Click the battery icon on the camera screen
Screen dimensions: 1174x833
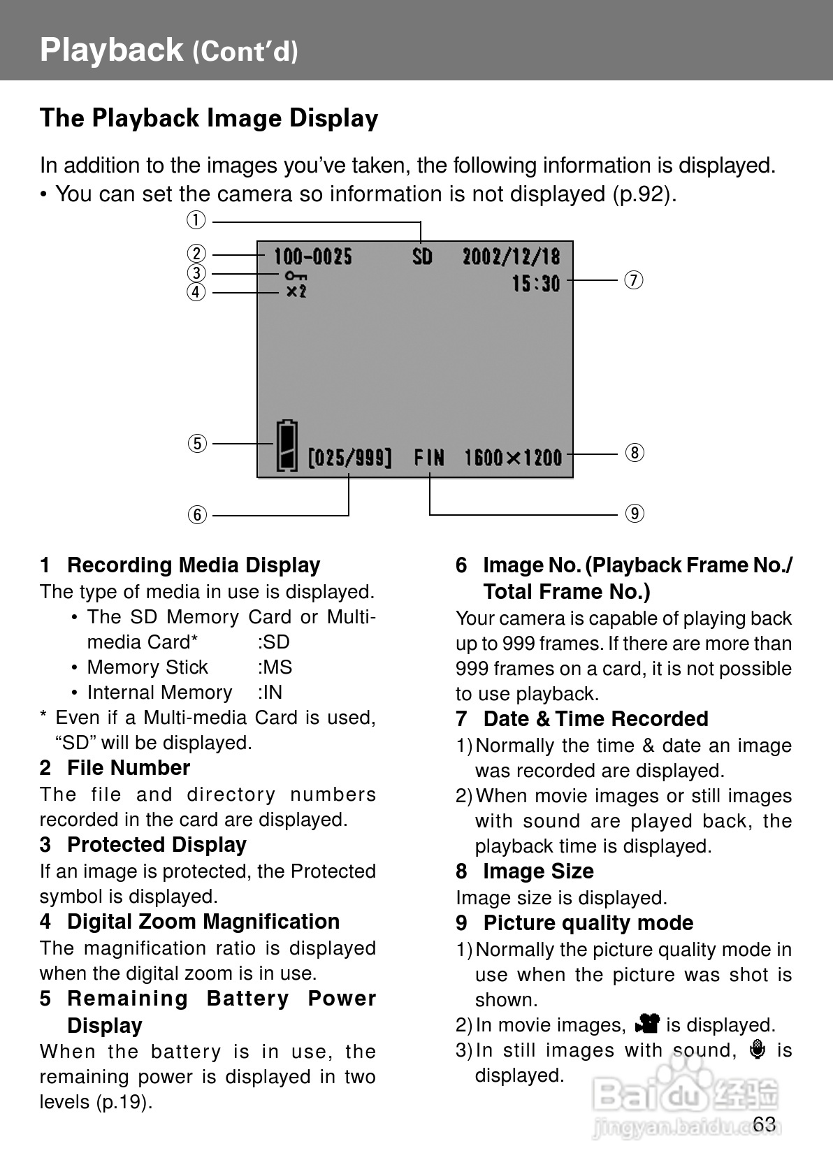tap(287, 445)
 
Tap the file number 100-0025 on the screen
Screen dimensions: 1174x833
tap(312, 257)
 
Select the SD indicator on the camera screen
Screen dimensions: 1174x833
tap(422, 257)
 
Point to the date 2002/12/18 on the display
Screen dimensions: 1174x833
tap(511, 257)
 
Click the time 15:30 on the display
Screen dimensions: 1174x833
tap(535, 283)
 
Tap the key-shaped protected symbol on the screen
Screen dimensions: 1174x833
tap(296, 276)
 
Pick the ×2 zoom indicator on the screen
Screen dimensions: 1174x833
tap(296, 291)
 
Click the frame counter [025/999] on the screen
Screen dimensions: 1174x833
tap(349, 458)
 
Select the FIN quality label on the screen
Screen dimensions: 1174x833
tap(429, 458)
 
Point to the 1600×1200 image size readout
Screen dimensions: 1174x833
tap(513, 458)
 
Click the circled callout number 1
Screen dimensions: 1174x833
tap(196, 221)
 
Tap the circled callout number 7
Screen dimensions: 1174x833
tap(633, 280)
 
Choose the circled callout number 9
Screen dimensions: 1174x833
tap(634, 514)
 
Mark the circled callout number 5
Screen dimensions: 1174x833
tap(197, 443)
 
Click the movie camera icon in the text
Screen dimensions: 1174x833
tap(647, 1024)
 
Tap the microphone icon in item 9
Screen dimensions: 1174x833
tap(757, 1050)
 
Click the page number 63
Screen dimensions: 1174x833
tap(765, 1124)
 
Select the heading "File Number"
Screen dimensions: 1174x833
tap(129, 768)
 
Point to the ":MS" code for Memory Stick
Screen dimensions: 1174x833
tap(275, 667)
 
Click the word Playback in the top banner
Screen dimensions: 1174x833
tap(111, 50)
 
